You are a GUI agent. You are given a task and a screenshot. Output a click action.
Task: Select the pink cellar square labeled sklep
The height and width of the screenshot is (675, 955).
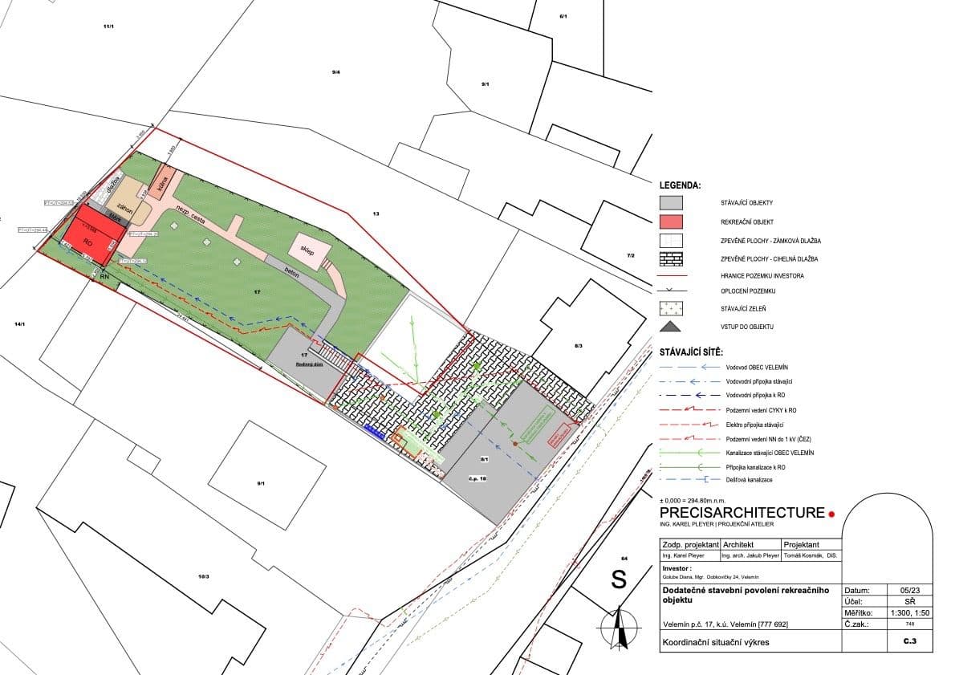pos(307,249)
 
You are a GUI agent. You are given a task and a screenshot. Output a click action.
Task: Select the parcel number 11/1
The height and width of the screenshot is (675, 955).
pos(108,27)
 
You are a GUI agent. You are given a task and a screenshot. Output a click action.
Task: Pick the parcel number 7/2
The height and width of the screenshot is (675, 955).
pos(630,255)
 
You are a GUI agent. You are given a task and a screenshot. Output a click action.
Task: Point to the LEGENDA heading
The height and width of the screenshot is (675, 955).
pos(680,185)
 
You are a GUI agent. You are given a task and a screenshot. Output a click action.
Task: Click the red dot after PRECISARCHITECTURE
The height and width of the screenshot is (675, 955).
pos(832,514)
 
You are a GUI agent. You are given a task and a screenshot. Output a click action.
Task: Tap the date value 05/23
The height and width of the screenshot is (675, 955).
pos(900,590)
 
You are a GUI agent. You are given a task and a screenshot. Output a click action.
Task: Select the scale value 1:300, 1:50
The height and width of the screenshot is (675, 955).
pos(900,612)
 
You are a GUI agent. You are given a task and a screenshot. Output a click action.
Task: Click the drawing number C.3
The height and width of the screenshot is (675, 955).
pos(909,642)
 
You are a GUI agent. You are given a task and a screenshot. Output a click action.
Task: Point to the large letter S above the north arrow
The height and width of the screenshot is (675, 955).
pos(619,579)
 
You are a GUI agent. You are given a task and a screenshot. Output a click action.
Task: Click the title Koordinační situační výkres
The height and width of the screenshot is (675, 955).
pos(716,643)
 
